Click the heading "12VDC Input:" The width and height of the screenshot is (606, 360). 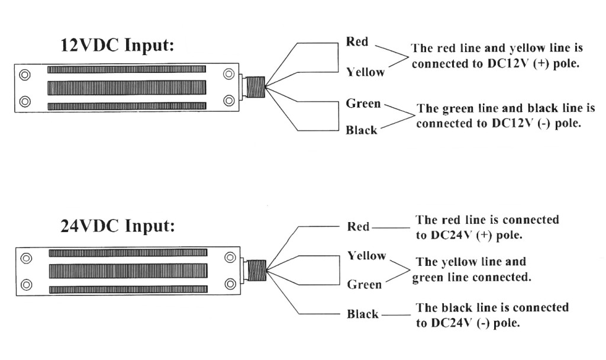tap(118, 46)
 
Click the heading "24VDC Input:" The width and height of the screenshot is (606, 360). tap(118, 226)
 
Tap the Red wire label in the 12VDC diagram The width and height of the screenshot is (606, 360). tap(357, 42)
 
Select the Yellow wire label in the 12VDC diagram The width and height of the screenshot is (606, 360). tap(365, 72)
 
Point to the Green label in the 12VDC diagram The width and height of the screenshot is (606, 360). tap(363, 104)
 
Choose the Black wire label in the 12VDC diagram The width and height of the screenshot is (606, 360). tap(362, 130)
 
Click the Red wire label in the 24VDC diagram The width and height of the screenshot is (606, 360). tap(358, 227)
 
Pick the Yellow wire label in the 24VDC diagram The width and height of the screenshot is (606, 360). tap(366, 256)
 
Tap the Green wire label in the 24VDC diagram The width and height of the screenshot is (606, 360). tap(364, 285)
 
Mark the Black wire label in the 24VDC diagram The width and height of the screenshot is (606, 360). tap(362, 314)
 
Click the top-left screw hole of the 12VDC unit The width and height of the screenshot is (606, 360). tap(25, 75)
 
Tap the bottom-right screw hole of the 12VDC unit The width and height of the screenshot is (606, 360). tap(229, 100)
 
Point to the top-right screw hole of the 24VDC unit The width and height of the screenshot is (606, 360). tap(230, 258)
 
